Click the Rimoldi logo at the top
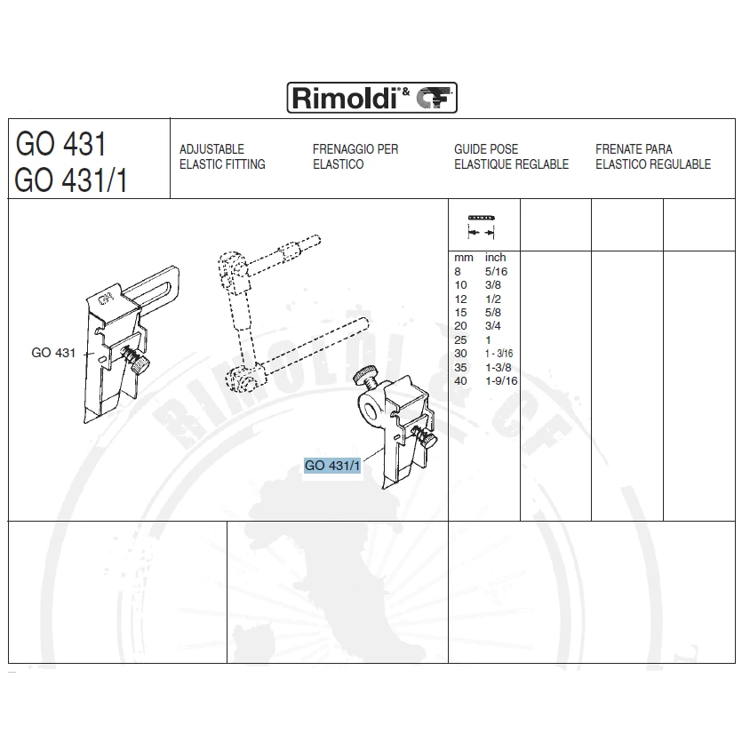click(x=372, y=98)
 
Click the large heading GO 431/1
click(x=71, y=180)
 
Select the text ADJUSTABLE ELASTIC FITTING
click(x=222, y=156)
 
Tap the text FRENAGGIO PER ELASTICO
click(x=355, y=156)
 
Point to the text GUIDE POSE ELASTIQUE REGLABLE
click(x=511, y=156)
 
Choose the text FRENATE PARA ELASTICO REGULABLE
click(x=653, y=156)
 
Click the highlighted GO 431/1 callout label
click(x=332, y=466)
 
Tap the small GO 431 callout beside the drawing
click(x=53, y=353)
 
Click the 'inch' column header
click(x=496, y=258)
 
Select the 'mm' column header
click(x=464, y=258)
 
